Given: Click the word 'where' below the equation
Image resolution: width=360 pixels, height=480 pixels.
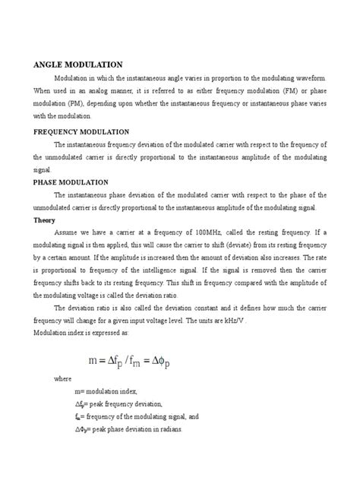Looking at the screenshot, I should pos(66,398).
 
